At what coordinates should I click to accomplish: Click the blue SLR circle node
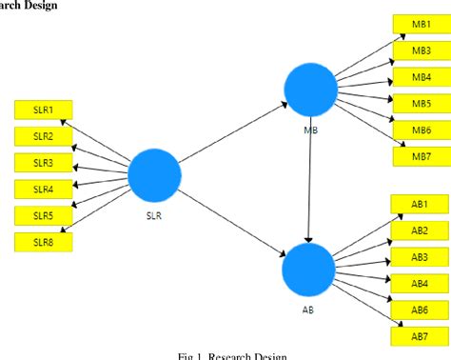click(x=154, y=174)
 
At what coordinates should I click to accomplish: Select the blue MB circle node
click(x=310, y=91)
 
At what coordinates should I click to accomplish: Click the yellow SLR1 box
click(x=44, y=110)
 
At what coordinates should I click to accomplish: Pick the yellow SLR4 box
click(x=44, y=189)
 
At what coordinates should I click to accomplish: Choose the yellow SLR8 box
click(x=44, y=241)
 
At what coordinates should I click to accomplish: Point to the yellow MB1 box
click(x=421, y=24)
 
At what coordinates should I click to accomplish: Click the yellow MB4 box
click(x=421, y=76)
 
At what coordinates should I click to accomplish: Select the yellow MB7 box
click(x=421, y=155)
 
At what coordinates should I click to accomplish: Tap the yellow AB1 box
click(x=420, y=204)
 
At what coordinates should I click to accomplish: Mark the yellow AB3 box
click(x=420, y=257)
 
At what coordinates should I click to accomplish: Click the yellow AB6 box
click(x=420, y=310)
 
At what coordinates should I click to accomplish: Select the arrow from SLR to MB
click(x=232, y=133)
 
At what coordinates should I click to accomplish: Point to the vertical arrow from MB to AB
click(x=309, y=181)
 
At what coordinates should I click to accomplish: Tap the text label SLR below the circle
click(x=154, y=214)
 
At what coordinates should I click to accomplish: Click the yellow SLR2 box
click(x=44, y=136)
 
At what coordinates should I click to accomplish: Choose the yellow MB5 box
click(x=421, y=103)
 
